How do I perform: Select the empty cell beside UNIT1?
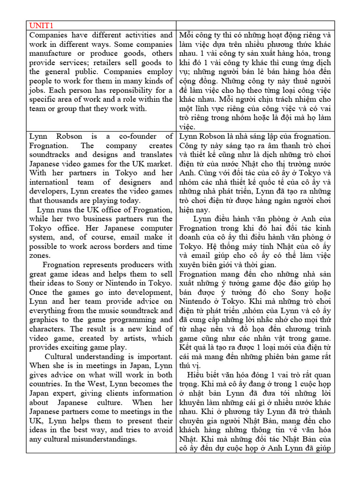[256, 25]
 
